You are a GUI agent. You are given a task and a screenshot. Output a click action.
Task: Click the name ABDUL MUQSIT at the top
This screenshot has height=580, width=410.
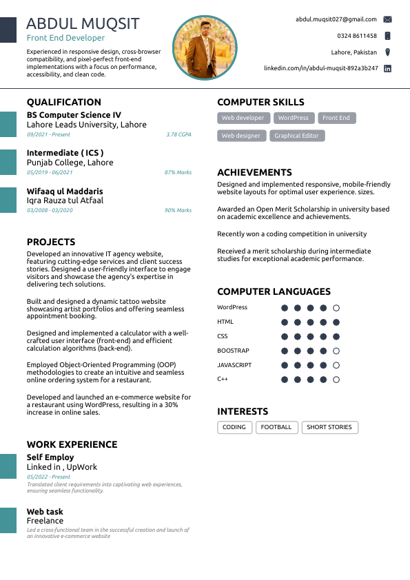pyautogui.click(x=83, y=23)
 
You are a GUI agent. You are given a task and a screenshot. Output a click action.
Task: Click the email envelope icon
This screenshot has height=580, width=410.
pyautogui.click(x=388, y=20)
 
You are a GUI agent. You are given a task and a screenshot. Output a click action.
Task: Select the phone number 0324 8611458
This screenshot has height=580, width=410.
pyautogui.click(x=357, y=36)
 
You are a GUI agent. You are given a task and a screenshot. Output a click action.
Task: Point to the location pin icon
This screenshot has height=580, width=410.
pyautogui.click(x=388, y=52)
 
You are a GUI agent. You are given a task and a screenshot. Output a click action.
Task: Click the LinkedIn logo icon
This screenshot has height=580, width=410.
pyautogui.click(x=388, y=69)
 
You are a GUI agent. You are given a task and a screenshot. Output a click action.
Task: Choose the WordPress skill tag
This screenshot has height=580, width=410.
pyautogui.click(x=294, y=118)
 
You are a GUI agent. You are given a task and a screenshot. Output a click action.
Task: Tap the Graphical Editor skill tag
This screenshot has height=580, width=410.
pyautogui.click(x=296, y=136)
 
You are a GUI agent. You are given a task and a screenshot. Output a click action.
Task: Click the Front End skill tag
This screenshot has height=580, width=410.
pyautogui.click(x=336, y=118)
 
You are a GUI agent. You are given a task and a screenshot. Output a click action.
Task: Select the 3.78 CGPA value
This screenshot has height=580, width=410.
pyautogui.click(x=178, y=135)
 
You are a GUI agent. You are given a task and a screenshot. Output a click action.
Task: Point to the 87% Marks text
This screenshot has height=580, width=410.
pyautogui.click(x=178, y=173)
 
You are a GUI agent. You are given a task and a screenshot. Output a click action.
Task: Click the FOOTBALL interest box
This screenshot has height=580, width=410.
pyautogui.click(x=276, y=428)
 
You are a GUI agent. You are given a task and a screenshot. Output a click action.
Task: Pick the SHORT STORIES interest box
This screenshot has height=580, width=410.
pyautogui.click(x=329, y=428)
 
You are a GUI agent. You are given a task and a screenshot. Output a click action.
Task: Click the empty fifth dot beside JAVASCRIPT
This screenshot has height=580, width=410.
pyautogui.click(x=336, y=365)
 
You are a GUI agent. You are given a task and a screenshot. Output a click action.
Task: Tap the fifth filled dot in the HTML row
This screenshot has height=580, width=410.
pyautogui.click(x=336, y=322)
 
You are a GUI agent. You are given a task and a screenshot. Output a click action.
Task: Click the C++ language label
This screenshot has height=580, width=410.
pyautogui.click(x=223, y=380)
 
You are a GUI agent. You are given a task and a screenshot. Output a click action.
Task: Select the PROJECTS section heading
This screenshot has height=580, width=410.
pyautogui.click(x=51, y=242)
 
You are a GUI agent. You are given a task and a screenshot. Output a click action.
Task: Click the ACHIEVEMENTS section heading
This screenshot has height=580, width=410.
pyautogui.click(x=254, y=173)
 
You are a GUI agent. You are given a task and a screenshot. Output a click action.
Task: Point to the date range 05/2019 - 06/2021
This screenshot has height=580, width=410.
pyautogui.click(x=50, y=173)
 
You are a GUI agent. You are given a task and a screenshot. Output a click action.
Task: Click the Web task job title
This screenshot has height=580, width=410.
pyautogui.click(x=45, y=512)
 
